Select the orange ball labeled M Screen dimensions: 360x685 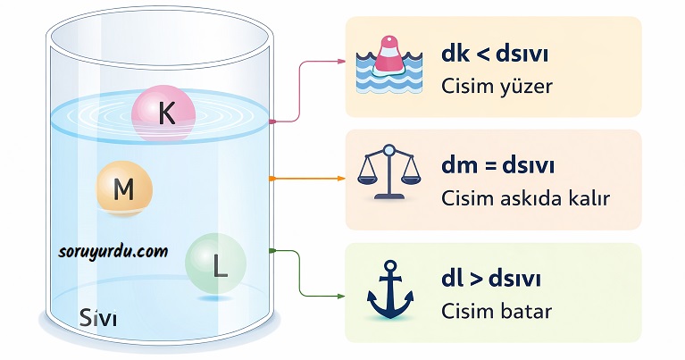[125, 189]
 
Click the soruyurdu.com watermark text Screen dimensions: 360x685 [113, 251]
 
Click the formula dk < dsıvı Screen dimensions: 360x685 [494, 55]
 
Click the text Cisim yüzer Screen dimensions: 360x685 [497, 87]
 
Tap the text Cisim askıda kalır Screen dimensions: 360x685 [525, 197]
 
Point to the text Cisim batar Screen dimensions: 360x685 [497, 311]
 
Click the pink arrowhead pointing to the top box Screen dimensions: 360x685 [341, 62]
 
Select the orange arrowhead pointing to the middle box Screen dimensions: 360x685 [341, 179]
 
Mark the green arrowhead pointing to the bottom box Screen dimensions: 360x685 [341, 295]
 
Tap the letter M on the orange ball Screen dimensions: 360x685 [124, 189]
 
